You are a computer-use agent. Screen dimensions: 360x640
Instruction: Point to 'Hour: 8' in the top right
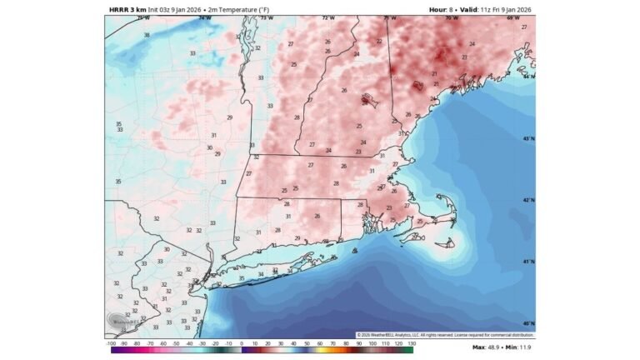(442, 9)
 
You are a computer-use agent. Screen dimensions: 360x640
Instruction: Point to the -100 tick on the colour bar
(111, 343)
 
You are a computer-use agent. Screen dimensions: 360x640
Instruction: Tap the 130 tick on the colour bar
(412, 343)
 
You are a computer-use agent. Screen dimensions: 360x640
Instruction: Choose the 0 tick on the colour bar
(242, 343)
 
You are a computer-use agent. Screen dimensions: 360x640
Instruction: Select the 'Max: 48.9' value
(487, 347)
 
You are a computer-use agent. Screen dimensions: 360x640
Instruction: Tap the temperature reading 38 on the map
(147, 35)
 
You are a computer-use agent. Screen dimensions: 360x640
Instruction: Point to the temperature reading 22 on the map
(379, 41)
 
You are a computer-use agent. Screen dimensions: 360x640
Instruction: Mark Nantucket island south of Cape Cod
(448, 242)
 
